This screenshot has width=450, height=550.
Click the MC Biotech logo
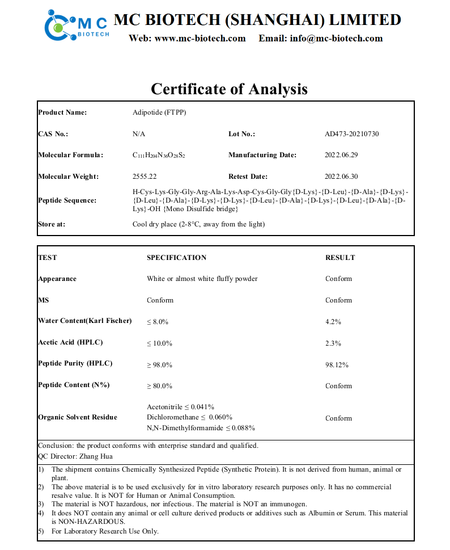pyautogui.click(x=77, y=24)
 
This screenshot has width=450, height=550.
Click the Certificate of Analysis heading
pyautogui.click(x=229, y=89)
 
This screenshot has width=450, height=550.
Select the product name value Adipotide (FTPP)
pyautogui.click(x=159, y=112)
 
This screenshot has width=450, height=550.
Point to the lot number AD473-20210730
pyautogui.click(x=352, y=134)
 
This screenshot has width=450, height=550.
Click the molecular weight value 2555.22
pyautogui.click(x=144, y=177)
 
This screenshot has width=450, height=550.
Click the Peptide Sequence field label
pyautogui.click(x=67, y=200)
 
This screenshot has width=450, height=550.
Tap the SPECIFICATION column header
pyautogui.click(x=177, y=258)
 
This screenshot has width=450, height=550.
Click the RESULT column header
pyautogui.click(x=340, y=258)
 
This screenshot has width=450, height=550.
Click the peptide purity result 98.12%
pyautogui.click(x=337, y=364)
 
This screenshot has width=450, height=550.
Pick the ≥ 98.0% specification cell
pyautogui.click(x=160, y=364)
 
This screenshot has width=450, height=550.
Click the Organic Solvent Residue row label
pyautogui.click(x=78, y=417)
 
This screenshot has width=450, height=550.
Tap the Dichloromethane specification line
pyautogui.click(x=189, y=417)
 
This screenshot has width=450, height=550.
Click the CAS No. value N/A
pyautogui.click(x=139, y=134)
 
